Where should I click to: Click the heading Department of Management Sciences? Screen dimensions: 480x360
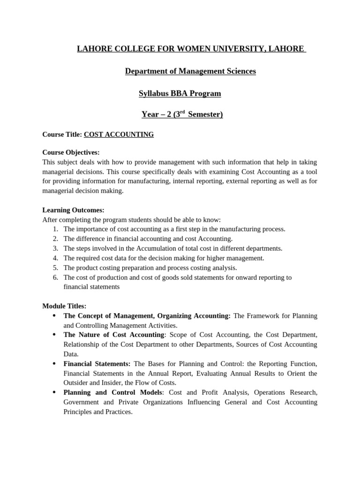point(190,71)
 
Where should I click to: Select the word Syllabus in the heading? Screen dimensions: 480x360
point(153,93)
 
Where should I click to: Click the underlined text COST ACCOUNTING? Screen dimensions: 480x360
point(119,135)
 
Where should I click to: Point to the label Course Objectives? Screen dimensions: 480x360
point(71,152)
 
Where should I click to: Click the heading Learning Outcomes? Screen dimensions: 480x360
point(73,210)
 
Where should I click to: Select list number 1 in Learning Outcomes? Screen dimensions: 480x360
point(55,229)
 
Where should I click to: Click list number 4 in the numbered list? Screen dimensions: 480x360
point(55,258)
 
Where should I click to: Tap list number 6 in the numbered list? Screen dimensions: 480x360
point(55,277)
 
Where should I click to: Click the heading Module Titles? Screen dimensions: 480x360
point(64,306)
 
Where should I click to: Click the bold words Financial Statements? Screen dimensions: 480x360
point(97,364)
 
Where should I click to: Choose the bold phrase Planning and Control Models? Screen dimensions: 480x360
point(113,392)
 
